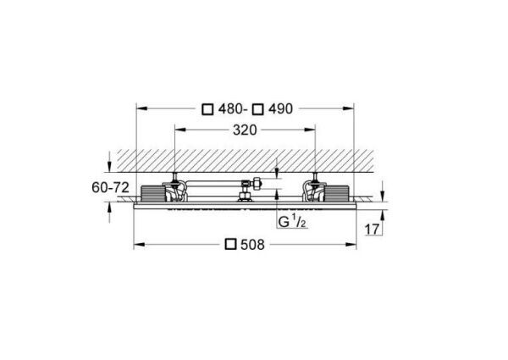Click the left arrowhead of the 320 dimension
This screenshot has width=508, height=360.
(x=176, y=131)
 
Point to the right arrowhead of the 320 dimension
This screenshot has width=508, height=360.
(x=312, y=131)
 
